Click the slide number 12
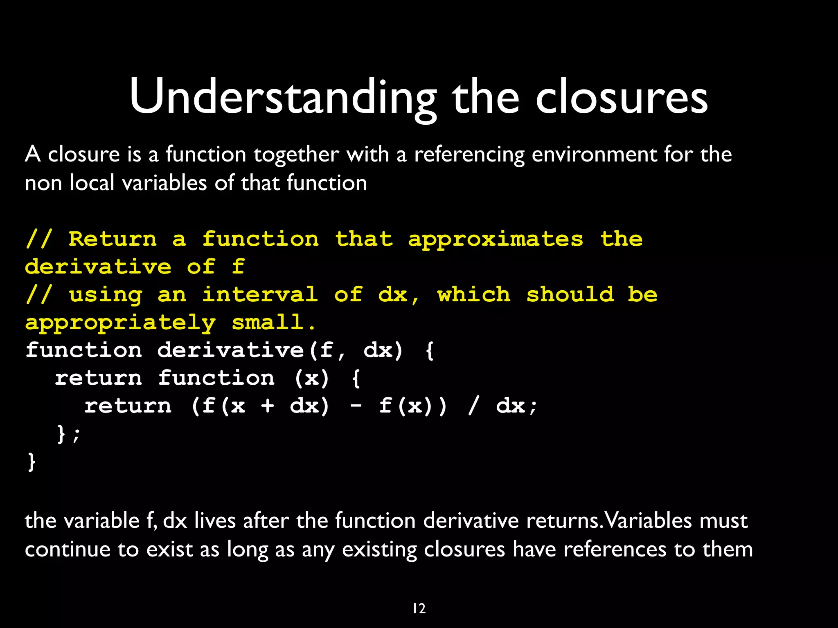(419, 609)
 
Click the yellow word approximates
(496, 240)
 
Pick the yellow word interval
(260, 295)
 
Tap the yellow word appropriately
(120, 323)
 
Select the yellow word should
(570, 295)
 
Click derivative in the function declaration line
(230, 350)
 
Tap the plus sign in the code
(268, 406)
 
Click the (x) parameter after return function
(312, 378)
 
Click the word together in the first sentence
(296, 155)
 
